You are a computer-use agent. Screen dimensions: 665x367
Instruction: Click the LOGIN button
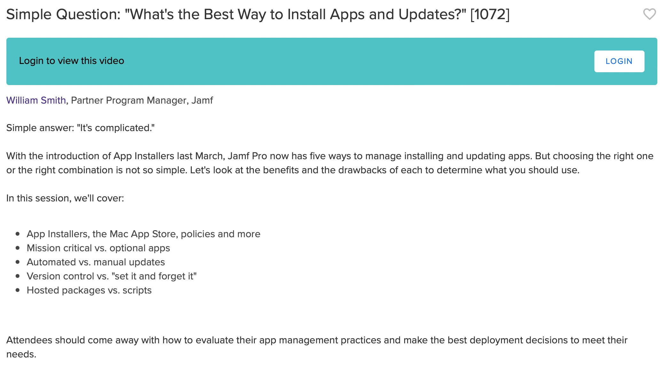619,61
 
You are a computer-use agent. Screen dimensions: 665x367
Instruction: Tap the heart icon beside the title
649,14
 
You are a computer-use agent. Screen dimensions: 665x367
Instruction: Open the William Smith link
36,100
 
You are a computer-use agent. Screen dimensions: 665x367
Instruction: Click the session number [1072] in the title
490,14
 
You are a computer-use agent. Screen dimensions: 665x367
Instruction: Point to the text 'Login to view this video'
72,61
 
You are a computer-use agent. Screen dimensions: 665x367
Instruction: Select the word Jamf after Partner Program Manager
202,100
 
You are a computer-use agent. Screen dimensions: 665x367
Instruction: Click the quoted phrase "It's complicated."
116,128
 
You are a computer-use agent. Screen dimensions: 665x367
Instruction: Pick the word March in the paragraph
209,156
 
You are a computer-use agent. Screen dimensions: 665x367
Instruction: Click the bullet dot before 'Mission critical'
18,248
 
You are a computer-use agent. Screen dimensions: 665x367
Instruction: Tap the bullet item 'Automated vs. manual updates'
96,262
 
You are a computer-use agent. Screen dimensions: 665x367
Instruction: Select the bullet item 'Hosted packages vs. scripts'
89,290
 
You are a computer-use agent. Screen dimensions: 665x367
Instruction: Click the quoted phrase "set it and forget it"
154,276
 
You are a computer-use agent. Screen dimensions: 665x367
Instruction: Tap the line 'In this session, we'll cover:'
65,198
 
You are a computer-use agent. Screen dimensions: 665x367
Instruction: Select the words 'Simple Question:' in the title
63,15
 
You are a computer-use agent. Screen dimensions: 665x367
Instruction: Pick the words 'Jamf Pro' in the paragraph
247,156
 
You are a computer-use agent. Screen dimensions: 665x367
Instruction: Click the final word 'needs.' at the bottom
21,354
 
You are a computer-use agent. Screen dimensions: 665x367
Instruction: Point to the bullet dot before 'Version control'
18,276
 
